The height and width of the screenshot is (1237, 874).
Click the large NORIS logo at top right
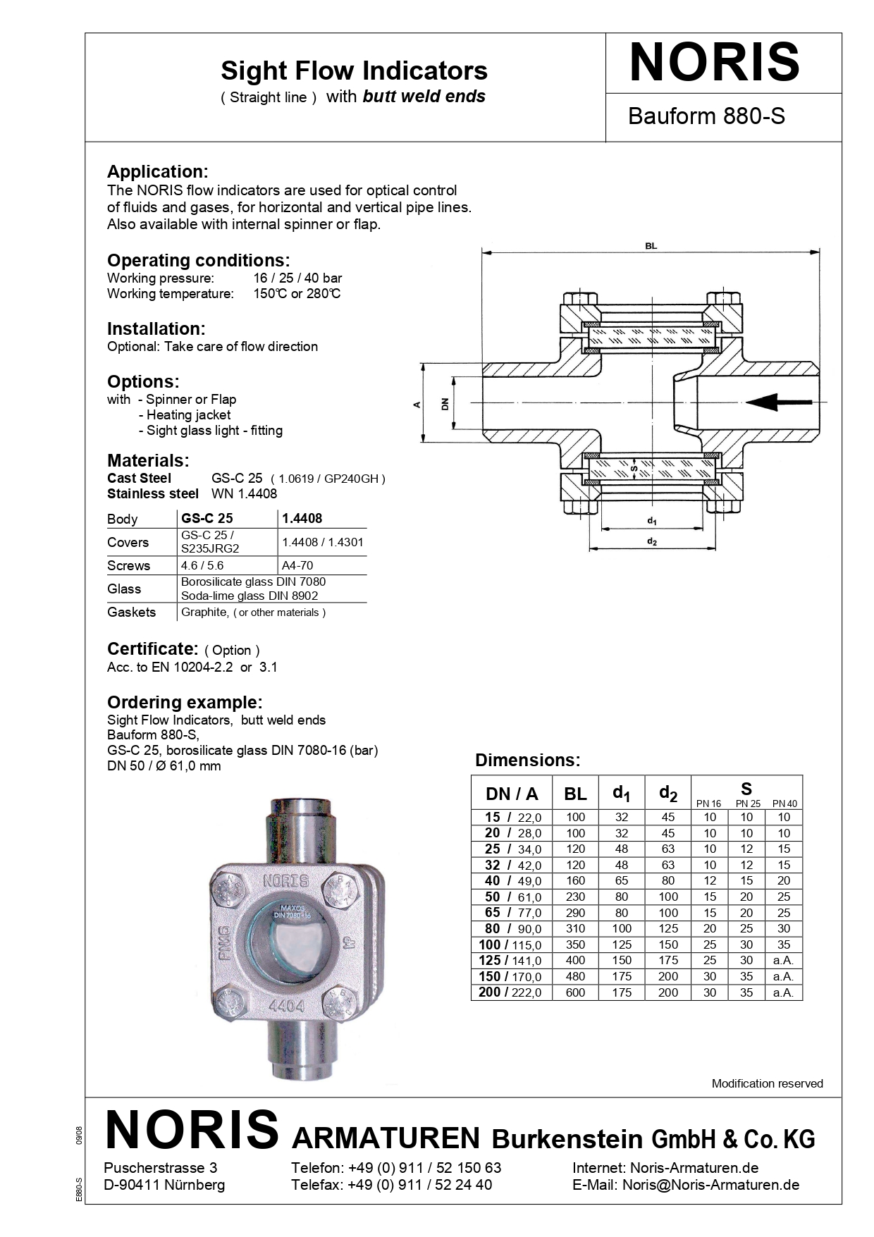pos(714,63)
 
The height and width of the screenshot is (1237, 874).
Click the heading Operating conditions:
pos(198,260)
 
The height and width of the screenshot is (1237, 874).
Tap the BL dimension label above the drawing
pos(651,246)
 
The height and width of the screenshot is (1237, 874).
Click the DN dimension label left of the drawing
pos(445,404)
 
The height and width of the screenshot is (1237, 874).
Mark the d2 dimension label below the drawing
pos(652,541)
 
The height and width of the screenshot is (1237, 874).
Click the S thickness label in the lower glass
pos(634,467)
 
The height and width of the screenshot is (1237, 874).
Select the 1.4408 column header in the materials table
pos(302,518)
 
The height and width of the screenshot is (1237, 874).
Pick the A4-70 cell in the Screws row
pos(297,565)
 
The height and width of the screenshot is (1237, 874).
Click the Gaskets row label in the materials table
pos(131,612)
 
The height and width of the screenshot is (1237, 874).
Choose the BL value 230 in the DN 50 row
pos(575,897)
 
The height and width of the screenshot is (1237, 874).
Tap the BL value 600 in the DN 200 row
pos(575,992)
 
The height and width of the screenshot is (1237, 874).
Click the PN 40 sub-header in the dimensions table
pos(784,804)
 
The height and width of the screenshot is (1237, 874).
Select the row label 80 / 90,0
pos(512,928)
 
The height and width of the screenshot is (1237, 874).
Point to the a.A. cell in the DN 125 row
pos(783,960)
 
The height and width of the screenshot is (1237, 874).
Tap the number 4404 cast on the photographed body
pos(286,1007)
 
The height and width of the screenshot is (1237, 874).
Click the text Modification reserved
pos(767,1083)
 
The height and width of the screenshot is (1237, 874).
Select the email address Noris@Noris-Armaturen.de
pos(710,1185)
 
